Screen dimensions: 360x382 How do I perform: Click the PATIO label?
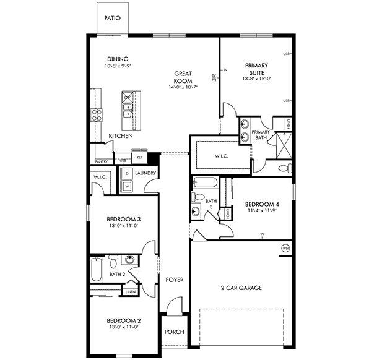click(x=112, y=19)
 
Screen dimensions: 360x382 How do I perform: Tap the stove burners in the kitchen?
click(x=97, y=114)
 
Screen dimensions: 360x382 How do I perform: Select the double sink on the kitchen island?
click(x=128, y=110)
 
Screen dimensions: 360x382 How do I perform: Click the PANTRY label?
click(x=102, y=161)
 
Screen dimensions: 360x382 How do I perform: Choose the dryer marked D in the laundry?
click(x=126, y=174)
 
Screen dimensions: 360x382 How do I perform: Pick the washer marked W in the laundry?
click(x=126, y=185)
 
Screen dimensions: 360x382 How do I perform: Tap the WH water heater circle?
click(x=285, y=248)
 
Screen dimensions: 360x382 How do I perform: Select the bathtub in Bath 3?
click(x=204, y=182)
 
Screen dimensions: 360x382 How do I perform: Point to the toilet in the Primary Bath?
click(x=284, y=168)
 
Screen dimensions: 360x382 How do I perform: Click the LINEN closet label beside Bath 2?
click(x=130, y=291)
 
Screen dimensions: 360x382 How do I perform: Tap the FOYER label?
click(x=175, y=280)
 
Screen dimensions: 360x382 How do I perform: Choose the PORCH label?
click(x=174, y=332)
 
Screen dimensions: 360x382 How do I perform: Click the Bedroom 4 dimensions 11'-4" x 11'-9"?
click(x=262, y=211)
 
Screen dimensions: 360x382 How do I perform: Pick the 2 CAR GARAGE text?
click(x=241, y=288)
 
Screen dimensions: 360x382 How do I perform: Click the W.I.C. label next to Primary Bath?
click(x=222, y=156)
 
